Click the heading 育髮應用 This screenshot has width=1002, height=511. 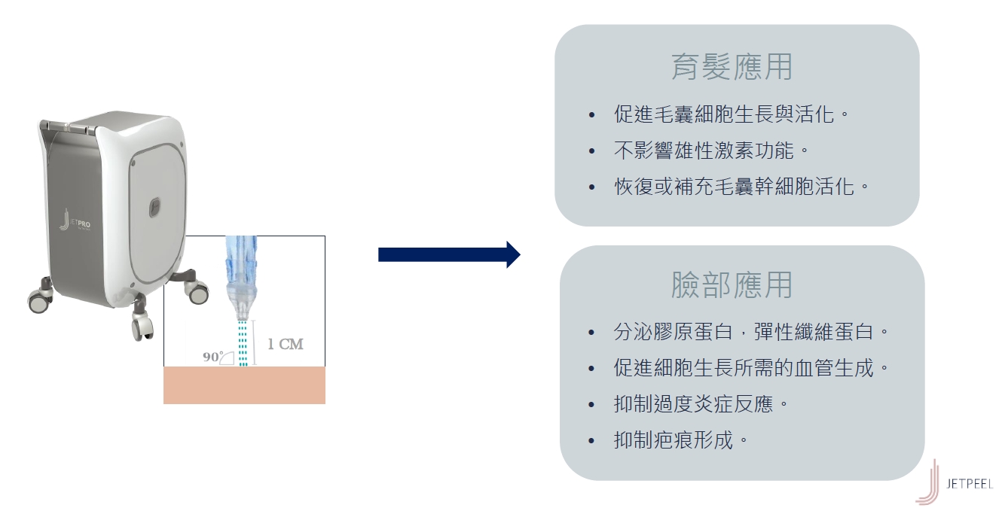tap(732, 67)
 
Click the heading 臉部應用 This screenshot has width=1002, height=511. tap(732, 285)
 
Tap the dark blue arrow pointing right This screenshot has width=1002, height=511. tap(449, 254)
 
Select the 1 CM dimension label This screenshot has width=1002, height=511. tap(286, 344)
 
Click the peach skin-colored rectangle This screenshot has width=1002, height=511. tap(244, 385)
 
